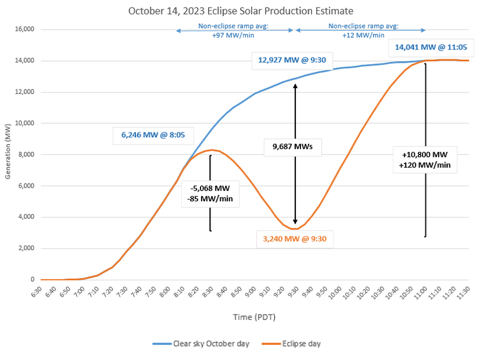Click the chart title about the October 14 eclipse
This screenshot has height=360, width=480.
(x=241, y=11)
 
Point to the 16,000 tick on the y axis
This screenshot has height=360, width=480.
(x=24, y=30)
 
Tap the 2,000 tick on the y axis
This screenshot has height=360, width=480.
(x=26, y=249)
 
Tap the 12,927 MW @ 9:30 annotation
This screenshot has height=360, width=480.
(x=288, y=61)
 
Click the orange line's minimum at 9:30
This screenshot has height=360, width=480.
(x=295, y=229)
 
